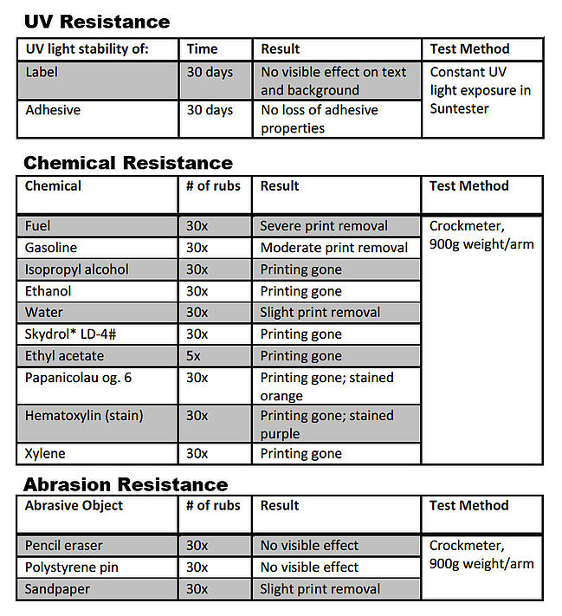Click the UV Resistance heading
click(96, 21)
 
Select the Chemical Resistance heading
click(127, 162)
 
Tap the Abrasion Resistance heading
click(126, 483)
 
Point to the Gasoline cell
click(51, 248)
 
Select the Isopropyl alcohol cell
click(76, 269)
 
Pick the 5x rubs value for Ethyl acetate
click(195, 356)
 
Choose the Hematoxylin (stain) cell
click(84, 416)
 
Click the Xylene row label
click(45, 453)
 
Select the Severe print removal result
click(324, 226)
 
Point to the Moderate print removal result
click(334, 248)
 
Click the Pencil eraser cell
click(63, 546)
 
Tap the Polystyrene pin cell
click(72, 567)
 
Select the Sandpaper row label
click(57, 589)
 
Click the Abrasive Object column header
click(74, 505)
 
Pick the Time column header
click(202, 49)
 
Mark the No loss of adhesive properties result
click(319, 119)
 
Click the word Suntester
click(459, 108)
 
